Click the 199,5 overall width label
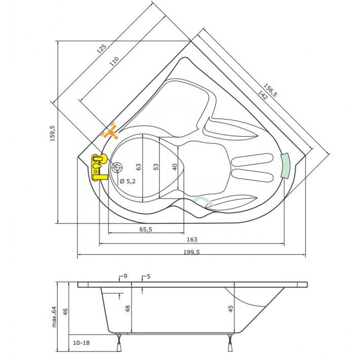click(192, 252)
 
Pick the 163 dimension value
click(192, 240)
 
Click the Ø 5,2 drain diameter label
click(128, 181)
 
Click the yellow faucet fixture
click(98, 166)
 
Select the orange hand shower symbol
click(110, 132)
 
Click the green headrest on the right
click(285, 165)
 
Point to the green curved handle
click(202, 201)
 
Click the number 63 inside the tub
click(139, 166)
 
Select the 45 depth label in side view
click(230, 309)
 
